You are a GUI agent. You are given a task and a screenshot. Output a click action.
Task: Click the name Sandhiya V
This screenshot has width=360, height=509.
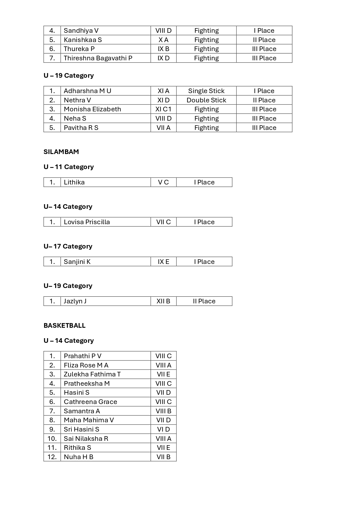tap(81, 30)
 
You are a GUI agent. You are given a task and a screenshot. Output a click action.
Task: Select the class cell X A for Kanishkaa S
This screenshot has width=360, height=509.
tap(163, 40)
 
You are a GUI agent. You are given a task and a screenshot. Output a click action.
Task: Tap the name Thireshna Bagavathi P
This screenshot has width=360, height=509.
tap(98, 58)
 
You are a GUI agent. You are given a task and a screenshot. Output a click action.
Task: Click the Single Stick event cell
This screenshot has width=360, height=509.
tap(206, 91)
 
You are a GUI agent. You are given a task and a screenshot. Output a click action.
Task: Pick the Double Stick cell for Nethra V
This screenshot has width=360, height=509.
tap(206, 100)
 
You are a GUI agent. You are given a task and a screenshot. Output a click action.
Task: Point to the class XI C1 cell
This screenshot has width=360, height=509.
tap(163, 109)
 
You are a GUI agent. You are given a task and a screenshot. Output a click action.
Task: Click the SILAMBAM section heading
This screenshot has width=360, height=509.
tap(61, 152)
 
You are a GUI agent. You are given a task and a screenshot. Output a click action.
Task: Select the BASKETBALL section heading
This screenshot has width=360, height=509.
tap(64, 325)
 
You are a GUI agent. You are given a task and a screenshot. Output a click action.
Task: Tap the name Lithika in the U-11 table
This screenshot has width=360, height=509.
tap(74, 182)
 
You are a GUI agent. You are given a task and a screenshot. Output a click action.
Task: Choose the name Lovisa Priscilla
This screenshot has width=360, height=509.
tap(87, 222)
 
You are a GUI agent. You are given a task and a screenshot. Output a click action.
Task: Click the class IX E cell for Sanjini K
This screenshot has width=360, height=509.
tap(163, 262)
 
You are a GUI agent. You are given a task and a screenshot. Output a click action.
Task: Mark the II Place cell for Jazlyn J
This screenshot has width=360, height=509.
tap(204, 301)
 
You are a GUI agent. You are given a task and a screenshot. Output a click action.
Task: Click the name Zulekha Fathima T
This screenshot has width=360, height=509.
tap(92, 374)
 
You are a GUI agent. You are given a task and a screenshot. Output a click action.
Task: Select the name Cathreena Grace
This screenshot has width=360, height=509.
tap(91, 402)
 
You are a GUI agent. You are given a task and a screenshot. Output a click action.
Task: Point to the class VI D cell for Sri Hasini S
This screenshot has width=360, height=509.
tap(163, 429)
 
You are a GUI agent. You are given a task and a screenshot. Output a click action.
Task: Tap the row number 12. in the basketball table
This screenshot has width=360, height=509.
tap(52, 457)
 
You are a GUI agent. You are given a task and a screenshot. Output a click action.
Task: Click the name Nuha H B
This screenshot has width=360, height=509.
tap(79, 457)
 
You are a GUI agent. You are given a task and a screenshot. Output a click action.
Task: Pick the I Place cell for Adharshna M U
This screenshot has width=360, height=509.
tap(264, 91)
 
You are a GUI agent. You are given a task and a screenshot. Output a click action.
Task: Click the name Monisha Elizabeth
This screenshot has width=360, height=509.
tap(92, 109)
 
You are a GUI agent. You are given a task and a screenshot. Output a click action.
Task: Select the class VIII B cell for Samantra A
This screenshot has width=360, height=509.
tap(163, 411)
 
